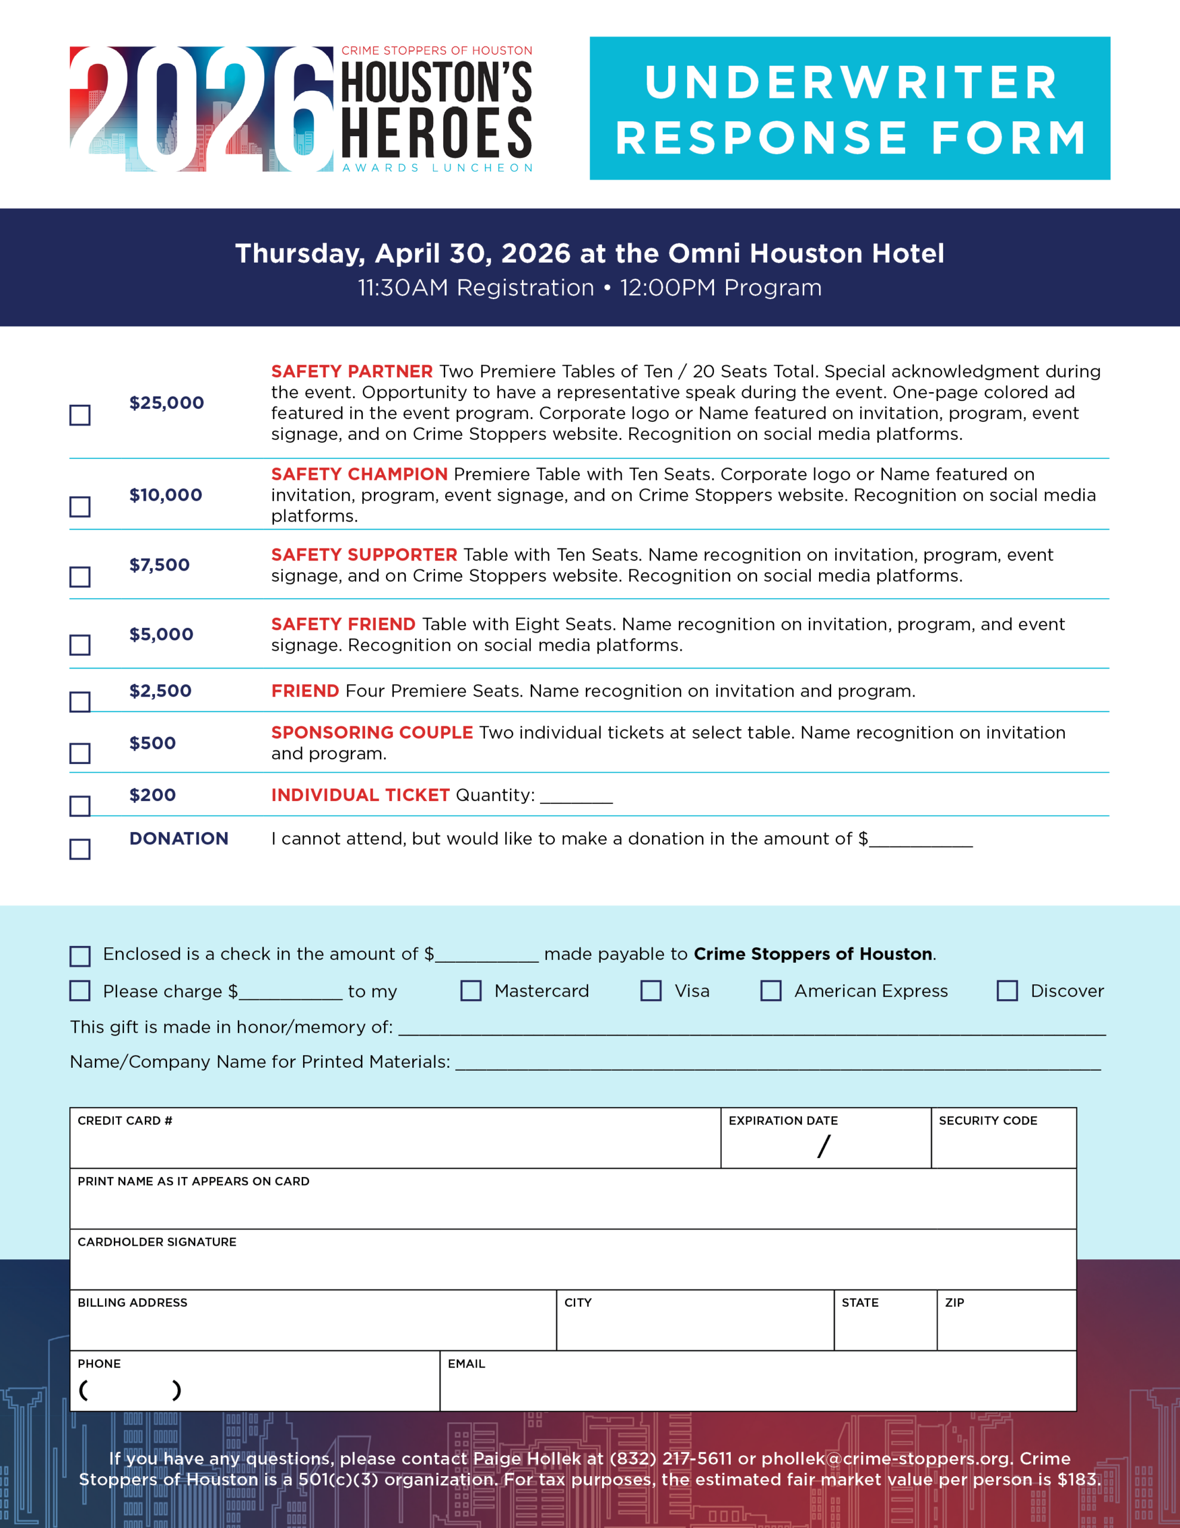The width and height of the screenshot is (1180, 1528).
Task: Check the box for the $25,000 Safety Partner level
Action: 80,415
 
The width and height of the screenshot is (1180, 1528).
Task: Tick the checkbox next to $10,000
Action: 80,507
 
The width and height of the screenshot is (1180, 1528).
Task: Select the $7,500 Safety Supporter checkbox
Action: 80,577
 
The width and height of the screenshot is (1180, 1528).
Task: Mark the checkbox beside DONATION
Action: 80,849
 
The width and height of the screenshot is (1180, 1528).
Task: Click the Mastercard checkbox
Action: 471,990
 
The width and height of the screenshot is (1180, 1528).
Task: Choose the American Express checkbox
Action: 771,990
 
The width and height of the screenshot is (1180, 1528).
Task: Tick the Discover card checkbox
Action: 1007,990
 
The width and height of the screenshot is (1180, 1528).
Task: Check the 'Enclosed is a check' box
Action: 80,956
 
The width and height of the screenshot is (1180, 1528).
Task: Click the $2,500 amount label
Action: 160,691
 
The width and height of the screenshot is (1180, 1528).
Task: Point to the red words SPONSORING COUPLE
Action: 372,732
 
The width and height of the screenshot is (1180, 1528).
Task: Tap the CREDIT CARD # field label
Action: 125,1121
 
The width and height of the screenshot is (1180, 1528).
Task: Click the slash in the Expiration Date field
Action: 824,1146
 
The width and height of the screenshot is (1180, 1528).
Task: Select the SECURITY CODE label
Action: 988,1121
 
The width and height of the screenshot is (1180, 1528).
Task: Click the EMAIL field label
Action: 466,1364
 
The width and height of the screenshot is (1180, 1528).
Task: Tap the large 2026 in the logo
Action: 202,109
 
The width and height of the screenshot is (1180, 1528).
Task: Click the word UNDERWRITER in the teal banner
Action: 851,82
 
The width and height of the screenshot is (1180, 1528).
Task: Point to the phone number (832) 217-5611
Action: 670,1459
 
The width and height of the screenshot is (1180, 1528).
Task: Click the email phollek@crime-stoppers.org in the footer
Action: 887,1459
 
